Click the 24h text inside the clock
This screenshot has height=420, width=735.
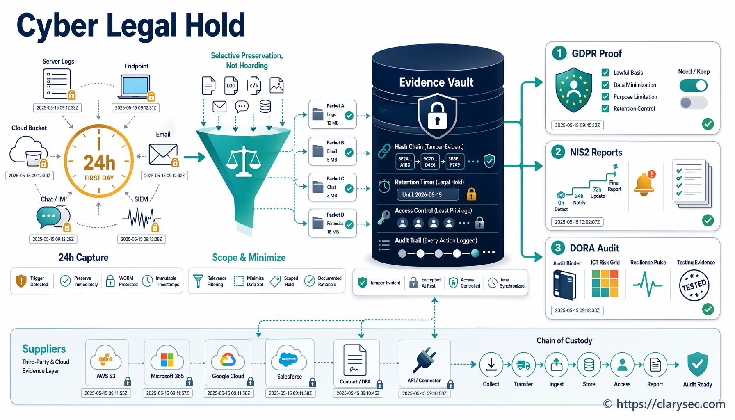click(x=99, y=163)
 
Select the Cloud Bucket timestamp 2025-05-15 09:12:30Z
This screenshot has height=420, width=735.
click(x=30, y=176)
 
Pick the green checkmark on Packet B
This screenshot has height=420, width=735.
click(x=349, y=153)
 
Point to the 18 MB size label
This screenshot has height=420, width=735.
click(x=333, y=232)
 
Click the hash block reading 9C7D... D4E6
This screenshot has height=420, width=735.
click(x=430, y=162)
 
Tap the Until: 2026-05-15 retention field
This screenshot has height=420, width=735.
click(x=428, y=194)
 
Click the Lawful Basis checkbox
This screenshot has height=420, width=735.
click(x=605, y=73)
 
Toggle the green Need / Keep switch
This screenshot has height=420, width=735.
click(x=693, y=86)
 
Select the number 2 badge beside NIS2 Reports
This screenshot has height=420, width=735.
click(x=558, y=152)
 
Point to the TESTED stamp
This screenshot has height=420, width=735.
click(x=694, y=285)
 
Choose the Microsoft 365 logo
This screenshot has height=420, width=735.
click(x=167, y=360)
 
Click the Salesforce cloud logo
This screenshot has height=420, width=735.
click(x=289, y=358)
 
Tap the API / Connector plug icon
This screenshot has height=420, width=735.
click(x=424, y=360)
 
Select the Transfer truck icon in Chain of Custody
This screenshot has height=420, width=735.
click(x=524, y=365)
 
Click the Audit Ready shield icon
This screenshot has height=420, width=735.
click(x=698, y=364)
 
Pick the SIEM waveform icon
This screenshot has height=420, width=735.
click(x=141, y=218)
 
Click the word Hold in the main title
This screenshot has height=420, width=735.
click(x=215, y=25)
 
